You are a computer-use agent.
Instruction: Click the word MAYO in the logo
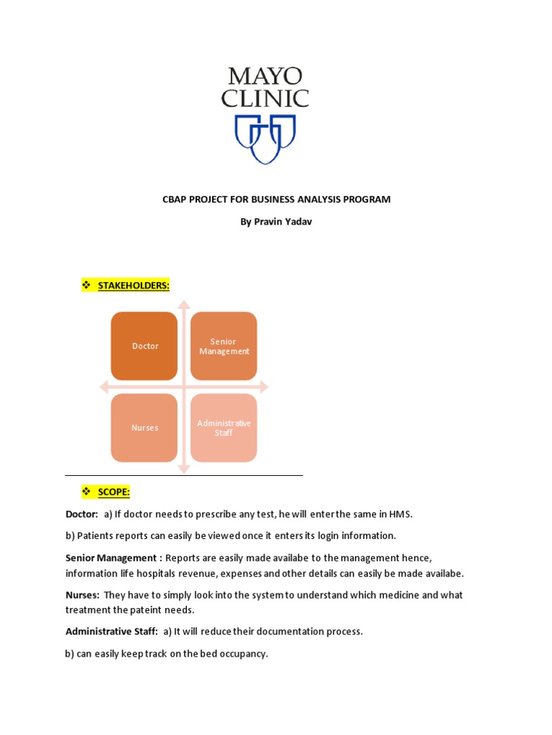coord(265,75)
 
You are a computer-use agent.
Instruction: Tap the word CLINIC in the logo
coord(265,98)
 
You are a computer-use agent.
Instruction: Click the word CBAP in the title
coord(176,200)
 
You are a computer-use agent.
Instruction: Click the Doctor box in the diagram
coord(144,346)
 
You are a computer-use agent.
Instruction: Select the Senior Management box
coord(224,346)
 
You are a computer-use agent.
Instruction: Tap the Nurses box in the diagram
coord(144,428)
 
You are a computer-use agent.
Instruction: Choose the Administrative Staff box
coord(224,428)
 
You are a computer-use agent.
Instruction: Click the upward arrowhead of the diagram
coord(184,305)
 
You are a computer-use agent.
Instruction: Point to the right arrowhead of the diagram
coord(264,387)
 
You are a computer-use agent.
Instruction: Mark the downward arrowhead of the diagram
coord(184,469)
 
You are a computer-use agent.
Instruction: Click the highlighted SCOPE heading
coord(114,492)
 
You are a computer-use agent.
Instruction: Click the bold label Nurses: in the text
coord(83,595)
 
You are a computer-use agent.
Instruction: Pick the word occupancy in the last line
coord(244,654)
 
